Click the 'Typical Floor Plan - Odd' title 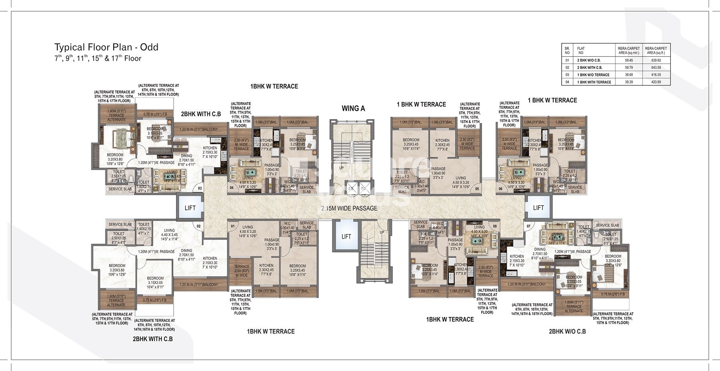(x=106, y=47)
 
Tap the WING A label (x=353, y=108)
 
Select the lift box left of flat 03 (x=190, y=207)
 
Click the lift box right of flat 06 (x=538, y=207)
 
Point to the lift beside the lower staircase (x=346, y=236)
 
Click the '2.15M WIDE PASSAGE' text (x=349, y=208)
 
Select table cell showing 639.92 (x=655, y=60)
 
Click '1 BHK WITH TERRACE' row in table (x=594, y=82)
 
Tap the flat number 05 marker (x=477, y=189)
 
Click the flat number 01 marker (x=232, y=226)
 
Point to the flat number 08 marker (x=495, y=226)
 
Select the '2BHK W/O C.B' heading (x=567, y=331)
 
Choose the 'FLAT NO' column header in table (x=581, y=50)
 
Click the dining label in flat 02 (x=186, y=253)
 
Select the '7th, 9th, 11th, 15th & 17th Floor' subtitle (x=98, y=58)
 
